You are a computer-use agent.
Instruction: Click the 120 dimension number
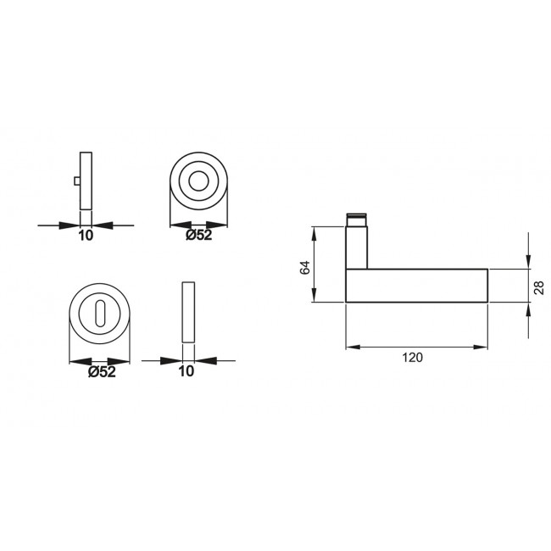click(413, 358)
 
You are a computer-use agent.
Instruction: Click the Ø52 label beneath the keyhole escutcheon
click(102, 371)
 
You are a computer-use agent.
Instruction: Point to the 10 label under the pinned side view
click(85, 237)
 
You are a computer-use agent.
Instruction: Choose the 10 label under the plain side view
click(187, 371)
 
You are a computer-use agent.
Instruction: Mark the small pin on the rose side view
click(77, 181)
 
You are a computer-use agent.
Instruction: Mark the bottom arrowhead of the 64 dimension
click(314, 297)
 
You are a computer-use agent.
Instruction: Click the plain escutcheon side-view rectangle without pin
click(187, 311)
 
